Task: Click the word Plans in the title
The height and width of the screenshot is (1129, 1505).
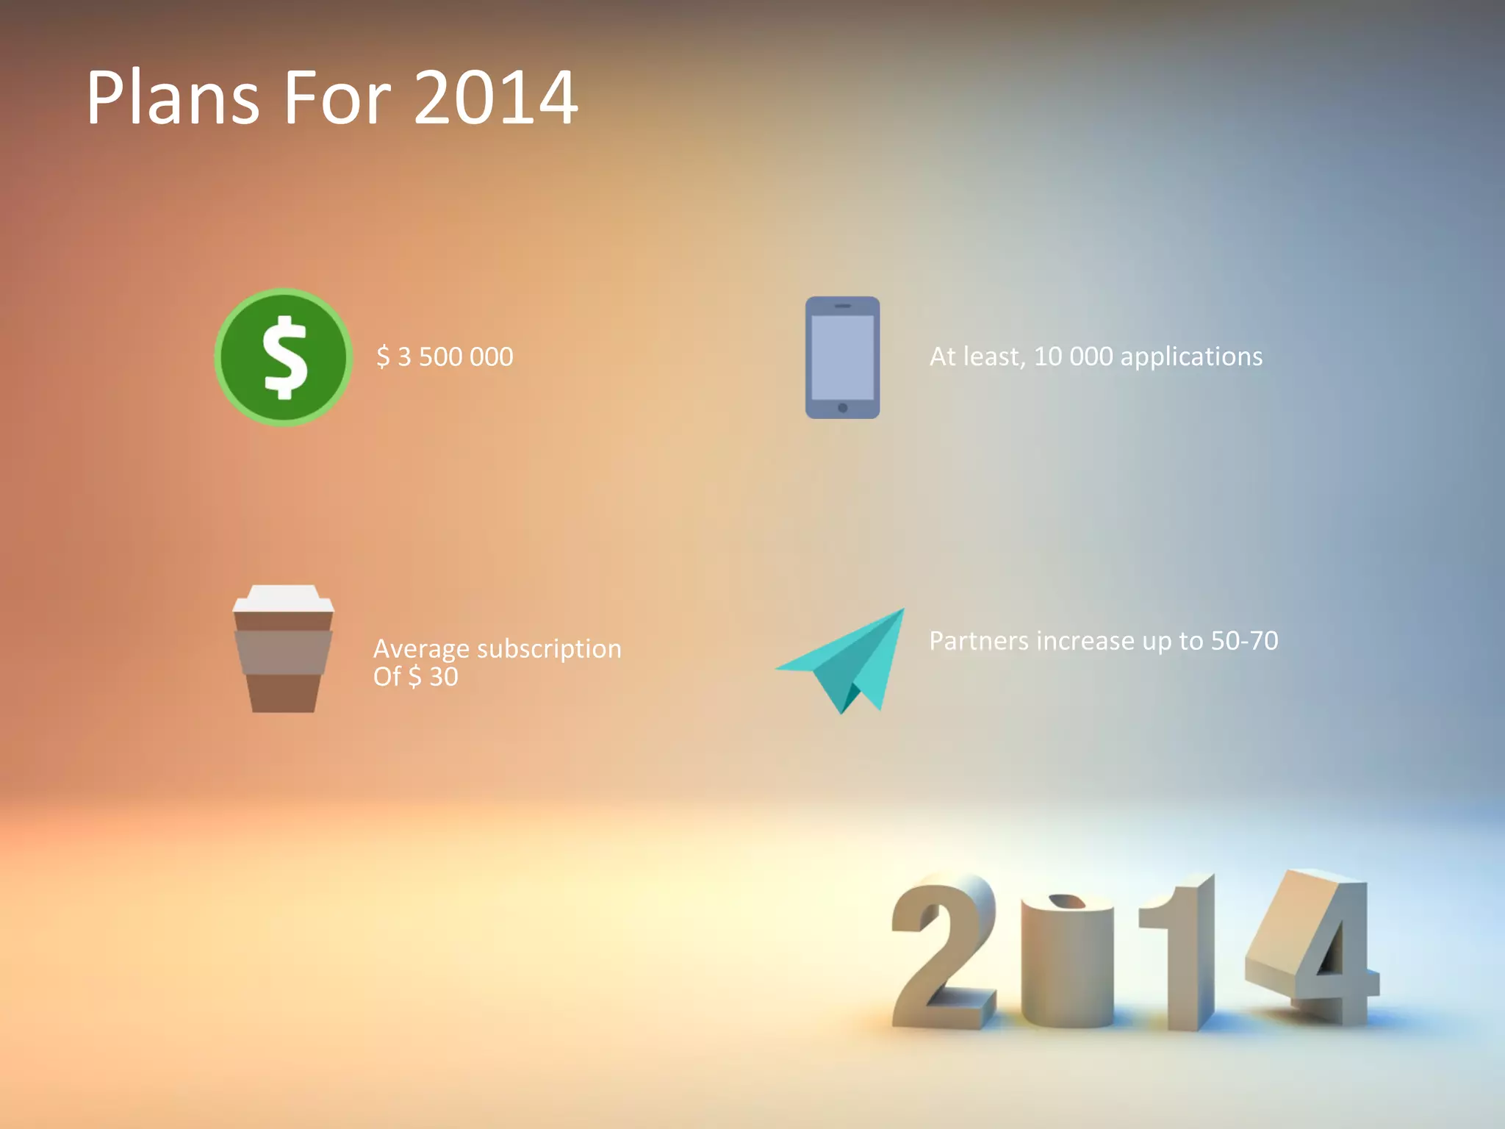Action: point(173,98)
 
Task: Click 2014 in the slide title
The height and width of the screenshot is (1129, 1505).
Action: point(496,98)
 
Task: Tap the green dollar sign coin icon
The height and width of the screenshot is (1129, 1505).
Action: point(284,357)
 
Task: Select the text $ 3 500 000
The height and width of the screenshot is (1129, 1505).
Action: point(445,357)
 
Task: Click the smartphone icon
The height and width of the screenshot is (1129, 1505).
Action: point(842,357)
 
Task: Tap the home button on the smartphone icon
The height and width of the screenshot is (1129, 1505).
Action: point(842,408)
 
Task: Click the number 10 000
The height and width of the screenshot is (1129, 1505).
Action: point(1073,356)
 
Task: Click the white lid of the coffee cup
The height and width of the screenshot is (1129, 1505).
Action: point(283,598)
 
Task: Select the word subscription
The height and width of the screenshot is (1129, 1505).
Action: point(549,649)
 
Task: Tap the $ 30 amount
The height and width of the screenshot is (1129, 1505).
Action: point(433,677)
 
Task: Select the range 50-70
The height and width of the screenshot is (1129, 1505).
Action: point(1244,641)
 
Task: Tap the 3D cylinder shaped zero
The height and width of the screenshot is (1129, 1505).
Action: point(1067,963)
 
